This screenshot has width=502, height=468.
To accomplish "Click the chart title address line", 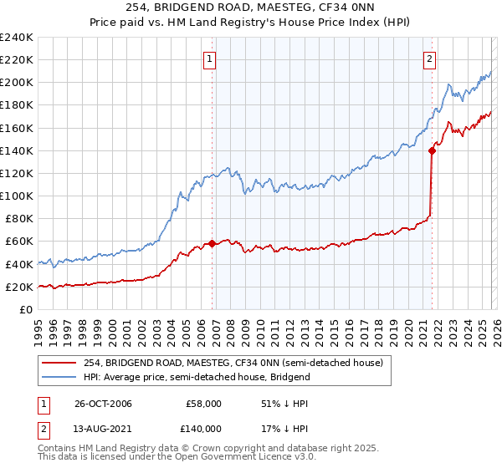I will (251, 8).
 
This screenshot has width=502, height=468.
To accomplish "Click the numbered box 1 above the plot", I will (208, 58).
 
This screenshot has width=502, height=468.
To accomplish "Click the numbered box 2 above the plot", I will (429, 58).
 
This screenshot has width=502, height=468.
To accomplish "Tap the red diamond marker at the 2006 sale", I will (213, 244).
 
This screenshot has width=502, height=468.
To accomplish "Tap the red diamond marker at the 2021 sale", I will (432, 150).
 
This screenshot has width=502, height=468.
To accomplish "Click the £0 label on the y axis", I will (25, 309).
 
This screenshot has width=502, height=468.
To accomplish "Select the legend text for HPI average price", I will (197, 377).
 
